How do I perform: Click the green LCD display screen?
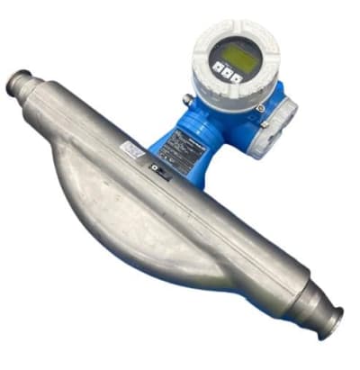click(238, 57)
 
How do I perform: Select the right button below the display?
click(236, 78)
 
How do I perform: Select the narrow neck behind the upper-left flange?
click(40, 90)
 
